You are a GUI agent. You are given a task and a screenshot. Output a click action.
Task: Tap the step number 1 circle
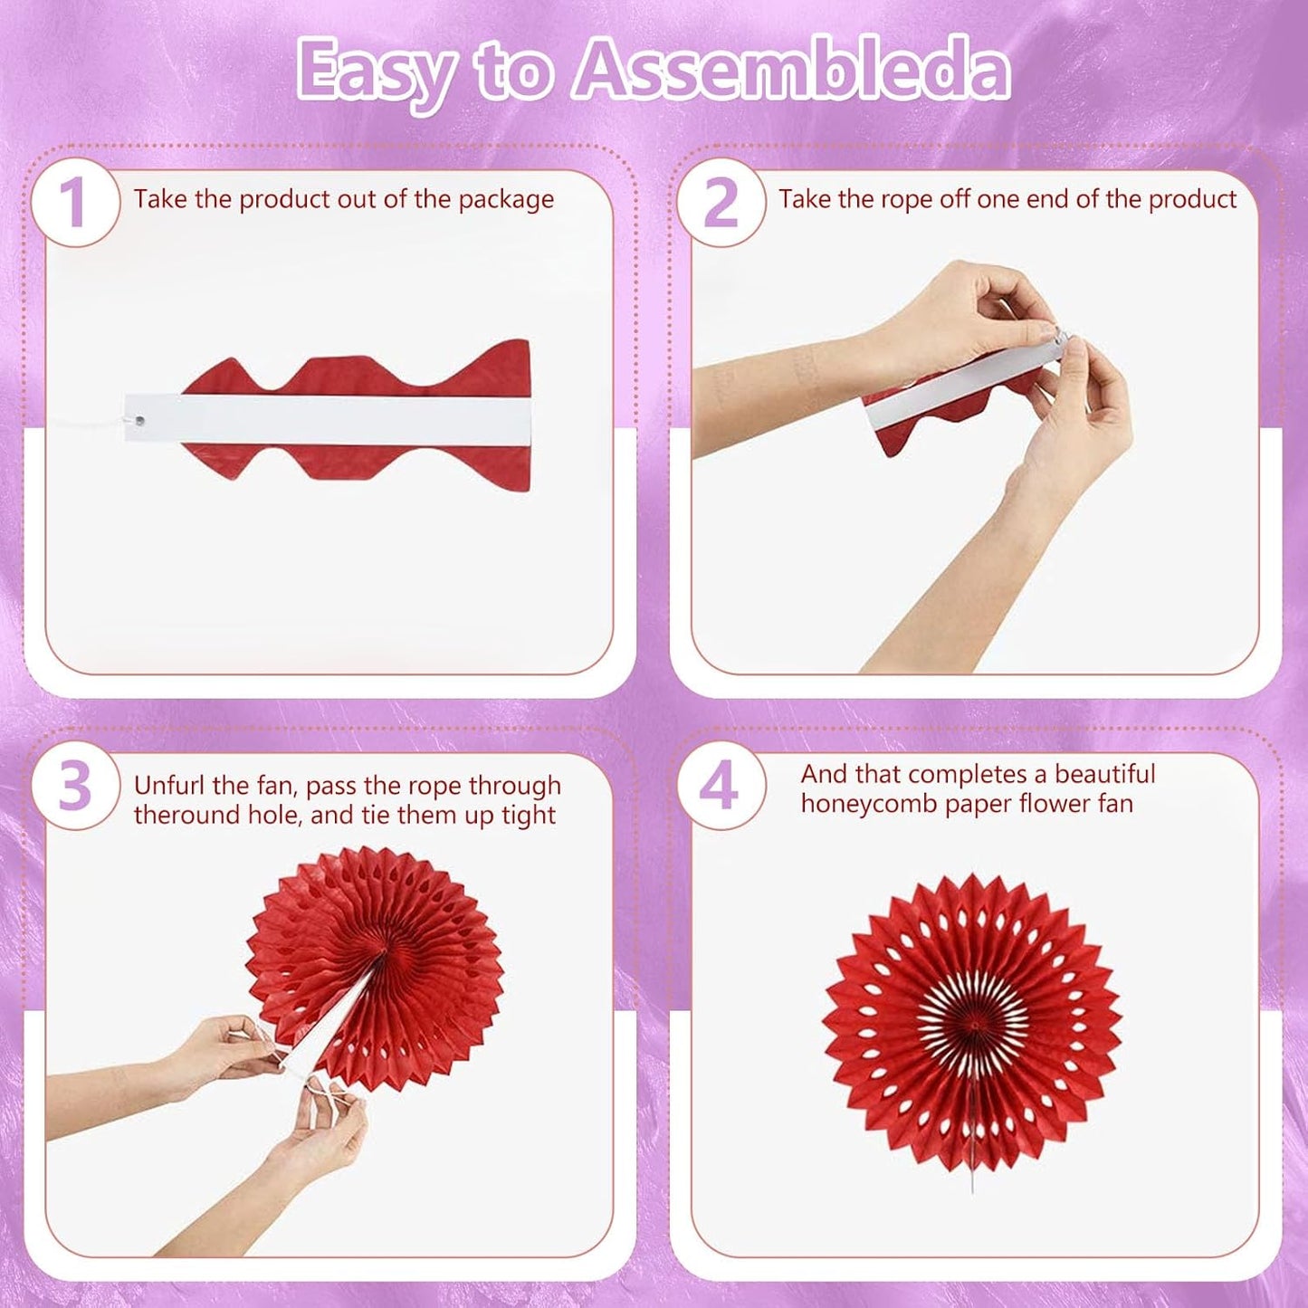(x=74, y=202)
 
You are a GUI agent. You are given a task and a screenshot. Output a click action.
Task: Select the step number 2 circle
(x=721, y=202)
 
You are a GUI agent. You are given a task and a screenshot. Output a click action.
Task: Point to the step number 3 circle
(x=74, y=786)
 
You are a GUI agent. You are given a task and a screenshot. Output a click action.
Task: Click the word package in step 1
(x=506, y=200)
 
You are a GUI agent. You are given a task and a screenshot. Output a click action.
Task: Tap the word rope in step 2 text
(x=908, y=199)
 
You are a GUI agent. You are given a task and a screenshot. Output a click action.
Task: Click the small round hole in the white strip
(x=139, y=420)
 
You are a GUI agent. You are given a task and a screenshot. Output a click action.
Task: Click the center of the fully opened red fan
(x=974, y=1023)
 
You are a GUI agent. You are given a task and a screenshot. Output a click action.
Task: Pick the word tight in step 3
(x=529, y=816)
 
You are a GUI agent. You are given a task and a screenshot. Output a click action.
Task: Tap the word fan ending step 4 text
(x=1114, y=804)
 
